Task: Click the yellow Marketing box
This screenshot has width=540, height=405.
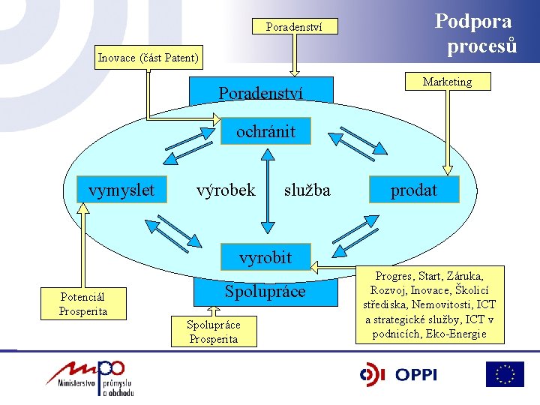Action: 447,82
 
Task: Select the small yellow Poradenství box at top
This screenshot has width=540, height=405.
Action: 294,27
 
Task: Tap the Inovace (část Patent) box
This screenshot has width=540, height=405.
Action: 148,58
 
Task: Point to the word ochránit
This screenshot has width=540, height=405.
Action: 265,132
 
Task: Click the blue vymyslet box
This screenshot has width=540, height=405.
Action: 121,190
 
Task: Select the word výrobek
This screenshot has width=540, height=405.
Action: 225,190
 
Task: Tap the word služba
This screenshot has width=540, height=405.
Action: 307,190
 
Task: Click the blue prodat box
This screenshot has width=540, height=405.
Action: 413,190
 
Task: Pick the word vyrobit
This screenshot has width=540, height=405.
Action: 265,258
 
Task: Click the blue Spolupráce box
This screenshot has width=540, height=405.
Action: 265,292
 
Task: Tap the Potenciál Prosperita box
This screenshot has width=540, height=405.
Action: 84,304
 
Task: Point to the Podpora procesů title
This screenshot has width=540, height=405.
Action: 476,33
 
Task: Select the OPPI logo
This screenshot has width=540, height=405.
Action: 398,374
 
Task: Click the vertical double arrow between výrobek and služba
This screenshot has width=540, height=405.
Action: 265,187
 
